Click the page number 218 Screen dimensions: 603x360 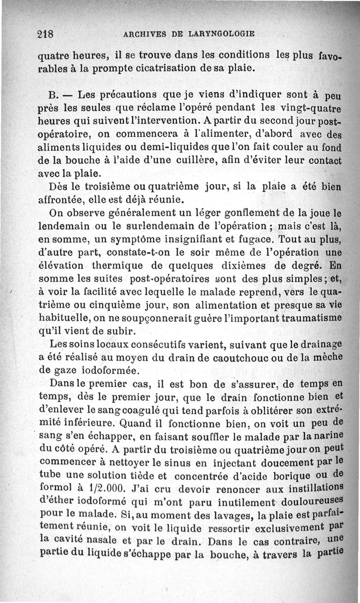pos(45,34)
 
